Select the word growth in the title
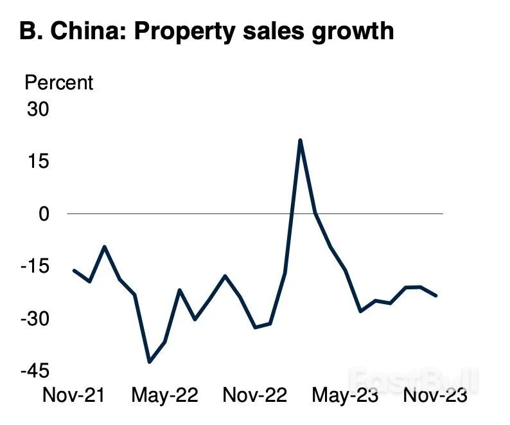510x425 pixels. tap(352, 31)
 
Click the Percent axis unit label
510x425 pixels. tap(58, 83)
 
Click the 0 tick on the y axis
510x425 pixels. tap(44, 213)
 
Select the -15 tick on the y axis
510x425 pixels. tap(35, 267)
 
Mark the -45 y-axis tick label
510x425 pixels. tap(35, 372)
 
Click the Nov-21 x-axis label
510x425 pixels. tap(73, 395)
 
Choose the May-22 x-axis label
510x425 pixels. tap(164, 395)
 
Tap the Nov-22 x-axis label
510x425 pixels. tap(254, 395)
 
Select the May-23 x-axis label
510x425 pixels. tap(345, 395)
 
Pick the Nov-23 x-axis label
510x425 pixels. tap(435, 395)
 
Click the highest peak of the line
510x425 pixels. tap(300, 140)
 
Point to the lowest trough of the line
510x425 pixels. tap(150, 362)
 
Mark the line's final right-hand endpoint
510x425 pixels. tap(436, 296)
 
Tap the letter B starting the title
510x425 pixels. tap(28, 31)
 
